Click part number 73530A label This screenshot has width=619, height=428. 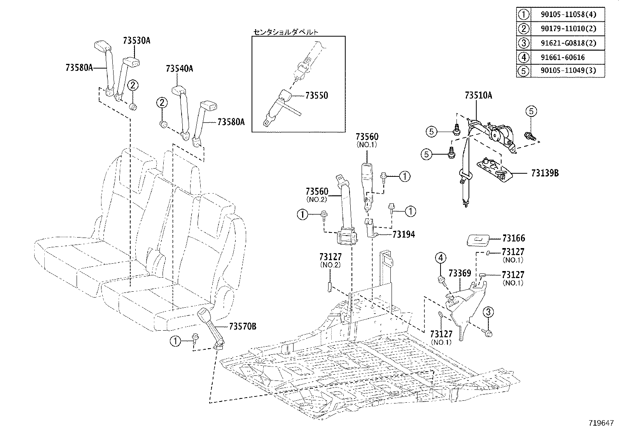pyautogui.click(x=136, y=41)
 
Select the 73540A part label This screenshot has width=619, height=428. pyautogui.click(x=179, y=69)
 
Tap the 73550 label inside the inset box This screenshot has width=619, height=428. pyautogui.click(x=316, y=95)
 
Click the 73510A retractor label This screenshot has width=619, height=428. pyautogui.click(x=478, y=95)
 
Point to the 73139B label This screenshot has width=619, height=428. pyautogui.click(x=545, y=173)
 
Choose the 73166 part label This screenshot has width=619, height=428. pyautogui.click(x=513, y=238)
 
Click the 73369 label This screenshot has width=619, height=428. pyautogui.click(x=460, y=274)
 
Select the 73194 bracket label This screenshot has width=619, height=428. pyautogui.click(x=404, y=234)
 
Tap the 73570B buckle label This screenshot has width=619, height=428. pyautogui.click(x=243, y=326)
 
